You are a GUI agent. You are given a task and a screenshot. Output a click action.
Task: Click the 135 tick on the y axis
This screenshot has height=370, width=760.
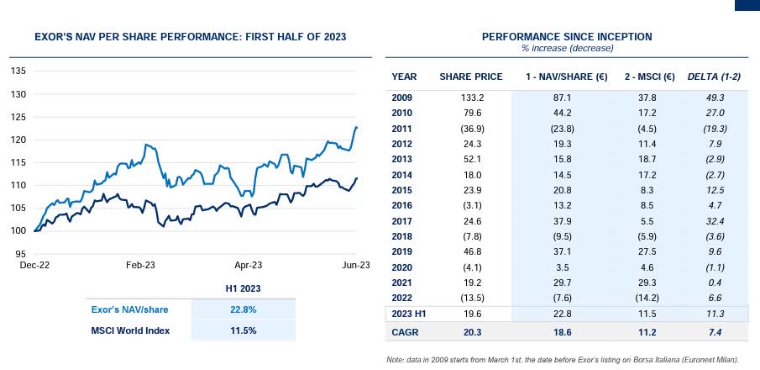(17, 71)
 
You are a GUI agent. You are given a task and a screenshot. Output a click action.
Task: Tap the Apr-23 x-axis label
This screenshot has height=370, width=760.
(249, 263)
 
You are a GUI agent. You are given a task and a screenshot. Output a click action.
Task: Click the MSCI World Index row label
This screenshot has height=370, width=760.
(130, 330)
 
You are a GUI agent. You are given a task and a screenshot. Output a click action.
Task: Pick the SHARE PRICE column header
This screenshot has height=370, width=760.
(471, 77)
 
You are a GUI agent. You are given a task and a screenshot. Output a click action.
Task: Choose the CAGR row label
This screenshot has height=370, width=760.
(406, 332)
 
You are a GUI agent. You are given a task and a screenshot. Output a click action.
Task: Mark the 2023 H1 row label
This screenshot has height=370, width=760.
(411, 314)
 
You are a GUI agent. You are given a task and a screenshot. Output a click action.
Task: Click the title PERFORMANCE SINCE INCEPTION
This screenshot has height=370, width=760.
(567, 37)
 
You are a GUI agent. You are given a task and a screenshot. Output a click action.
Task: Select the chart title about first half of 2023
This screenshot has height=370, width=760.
(190, 37)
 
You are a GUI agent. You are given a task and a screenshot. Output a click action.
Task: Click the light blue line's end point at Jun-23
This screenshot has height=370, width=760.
(356, 127)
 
